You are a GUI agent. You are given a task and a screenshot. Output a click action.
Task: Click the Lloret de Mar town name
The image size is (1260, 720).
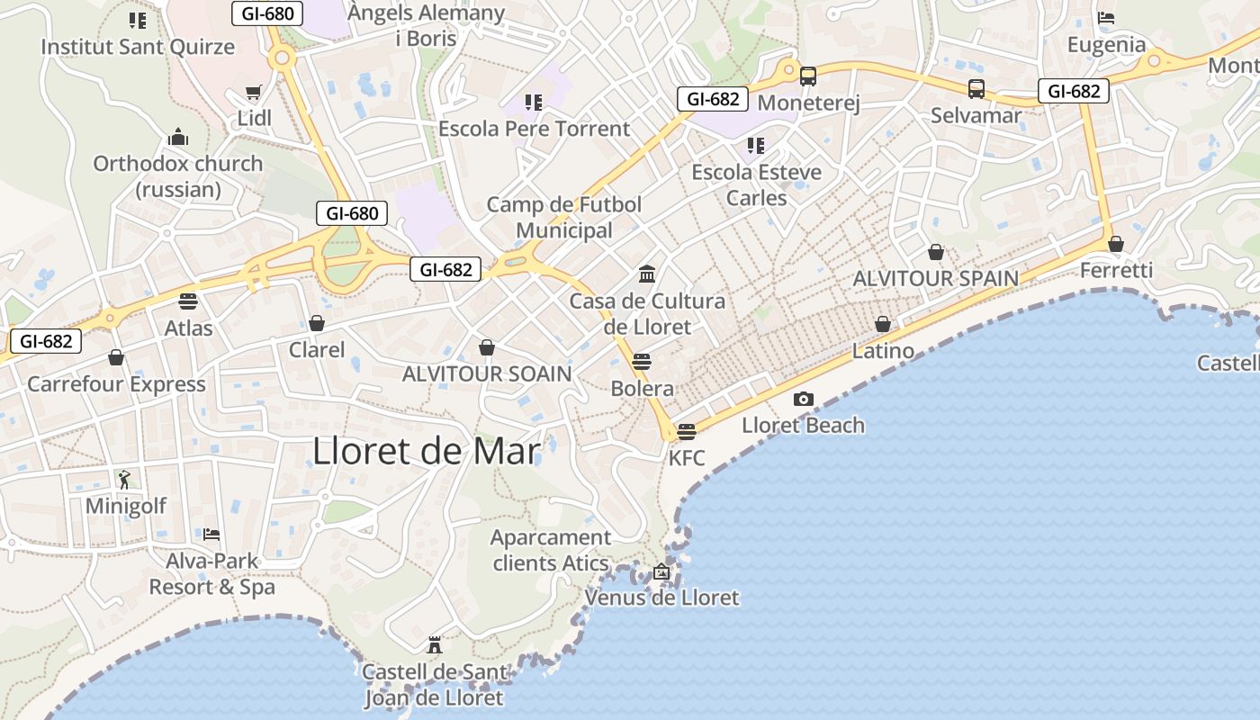(x=427, y=451)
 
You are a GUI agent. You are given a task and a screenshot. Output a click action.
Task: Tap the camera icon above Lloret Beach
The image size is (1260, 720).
(x=804, y=399)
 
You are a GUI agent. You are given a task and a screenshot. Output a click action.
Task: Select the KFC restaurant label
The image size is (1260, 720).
(x=687, y=458)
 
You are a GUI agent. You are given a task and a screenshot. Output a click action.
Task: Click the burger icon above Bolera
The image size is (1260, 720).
(x=642, y=362)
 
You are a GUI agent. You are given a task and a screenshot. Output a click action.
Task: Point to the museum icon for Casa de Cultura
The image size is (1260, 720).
(x=647, y=274)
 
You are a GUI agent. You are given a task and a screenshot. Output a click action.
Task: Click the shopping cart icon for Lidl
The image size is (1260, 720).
(x=254, y=93)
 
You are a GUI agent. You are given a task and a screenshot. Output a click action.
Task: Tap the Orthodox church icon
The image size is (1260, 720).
(x=178, y=137)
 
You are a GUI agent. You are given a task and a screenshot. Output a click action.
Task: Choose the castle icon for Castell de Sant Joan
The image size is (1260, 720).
(x=435, y=644)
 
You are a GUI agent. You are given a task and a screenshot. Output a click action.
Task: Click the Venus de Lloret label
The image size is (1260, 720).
(x=661, y=598)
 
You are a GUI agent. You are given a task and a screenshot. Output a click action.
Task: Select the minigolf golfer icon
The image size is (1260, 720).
(x=124, y=479)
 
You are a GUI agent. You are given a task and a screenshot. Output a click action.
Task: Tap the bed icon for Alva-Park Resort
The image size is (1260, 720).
(x=211, y=534)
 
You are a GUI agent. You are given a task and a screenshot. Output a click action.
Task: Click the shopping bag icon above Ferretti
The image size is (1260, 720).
(x=1116, y=244)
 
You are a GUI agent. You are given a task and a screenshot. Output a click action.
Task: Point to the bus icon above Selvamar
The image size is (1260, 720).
(x=976, y=89)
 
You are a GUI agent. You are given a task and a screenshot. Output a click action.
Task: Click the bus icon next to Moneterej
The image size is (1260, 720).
(x=808, y=76)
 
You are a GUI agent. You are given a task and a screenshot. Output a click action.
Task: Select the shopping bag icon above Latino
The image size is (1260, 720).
(x=883, y=324)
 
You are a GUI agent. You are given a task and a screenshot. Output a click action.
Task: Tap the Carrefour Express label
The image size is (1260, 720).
(x=116, y=384)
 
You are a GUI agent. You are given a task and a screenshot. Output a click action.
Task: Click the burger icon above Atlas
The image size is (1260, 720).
(x=188, y=301)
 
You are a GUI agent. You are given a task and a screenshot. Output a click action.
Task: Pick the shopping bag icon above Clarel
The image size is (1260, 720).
(x=317, y=323)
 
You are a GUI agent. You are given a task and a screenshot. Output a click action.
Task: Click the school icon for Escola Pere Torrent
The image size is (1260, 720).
(x=534, y=103)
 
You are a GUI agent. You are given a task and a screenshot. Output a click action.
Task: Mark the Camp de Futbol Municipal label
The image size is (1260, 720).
(x=564, y=217)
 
